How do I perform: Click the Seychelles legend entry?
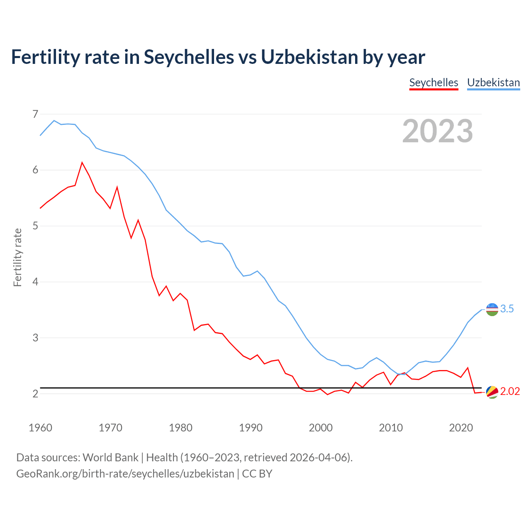click(x=434, y=83)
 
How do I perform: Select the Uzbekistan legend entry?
click(x=493, y=83)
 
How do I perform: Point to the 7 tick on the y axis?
click(x=35, y=114)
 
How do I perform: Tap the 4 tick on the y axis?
click(x=35, y=282)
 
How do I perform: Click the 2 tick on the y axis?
click(x=35, y=394)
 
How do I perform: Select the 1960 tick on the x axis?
click(x=40, y=428)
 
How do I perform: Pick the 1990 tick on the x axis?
click(x=251, y=428)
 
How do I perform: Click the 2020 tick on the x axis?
click(x=461, y=428)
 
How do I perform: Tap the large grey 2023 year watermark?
click(x=438, y=131)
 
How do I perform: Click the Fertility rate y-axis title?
click(x=17, y=257)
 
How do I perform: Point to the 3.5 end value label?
click(x=507, y=309)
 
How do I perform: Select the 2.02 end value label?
click(x=510, y=391)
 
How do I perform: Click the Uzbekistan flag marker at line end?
click(x=492, y=309)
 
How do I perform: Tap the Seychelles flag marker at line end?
click(x=492, y=392)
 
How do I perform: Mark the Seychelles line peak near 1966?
click(x=82, y=162)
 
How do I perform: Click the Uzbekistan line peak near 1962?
click(x=54, y=120)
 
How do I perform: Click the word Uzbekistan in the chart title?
click(x=309, y=57)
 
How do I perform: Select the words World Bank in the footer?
click(x=110, y=457)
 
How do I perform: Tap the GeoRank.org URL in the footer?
click(x=125, y=473)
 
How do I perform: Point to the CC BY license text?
click(x=257, y=473)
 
